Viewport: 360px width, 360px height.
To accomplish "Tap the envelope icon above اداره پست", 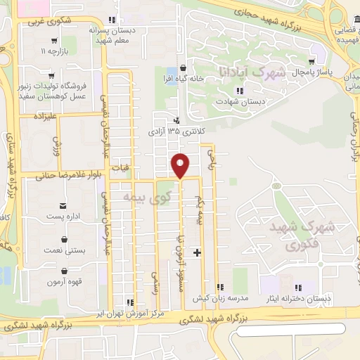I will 64,205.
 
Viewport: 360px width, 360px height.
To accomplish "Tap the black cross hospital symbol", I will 198,252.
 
